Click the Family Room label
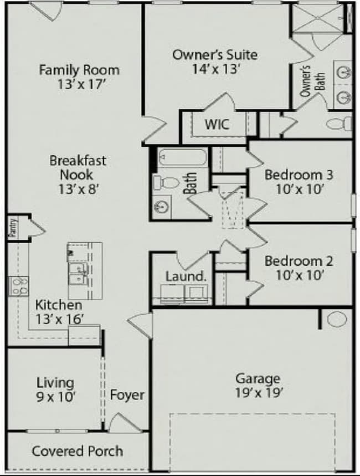79,70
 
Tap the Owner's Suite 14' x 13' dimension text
214,69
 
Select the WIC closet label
217,124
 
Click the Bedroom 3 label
299,175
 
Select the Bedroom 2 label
299,260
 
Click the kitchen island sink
78,272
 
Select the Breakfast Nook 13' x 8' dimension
78,188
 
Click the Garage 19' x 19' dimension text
258,393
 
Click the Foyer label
127,395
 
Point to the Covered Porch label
78,451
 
